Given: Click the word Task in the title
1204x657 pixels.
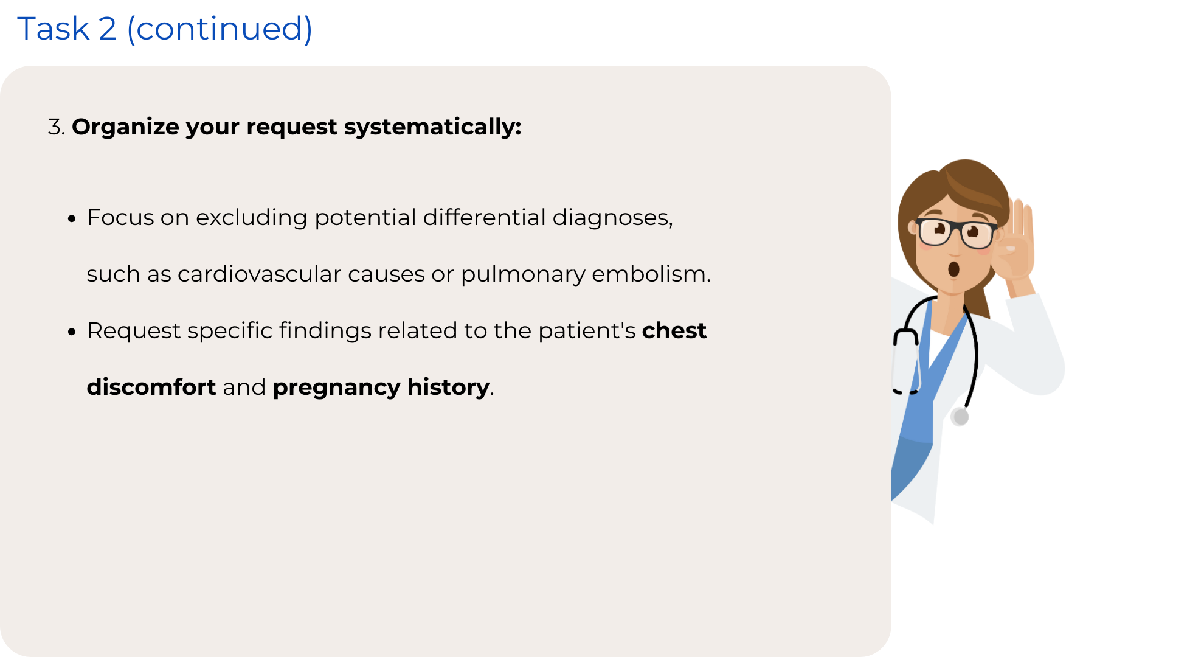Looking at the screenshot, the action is [54, 29].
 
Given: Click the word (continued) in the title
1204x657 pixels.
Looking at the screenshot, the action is [220, 29].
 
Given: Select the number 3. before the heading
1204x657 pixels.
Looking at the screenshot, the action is [57, 127].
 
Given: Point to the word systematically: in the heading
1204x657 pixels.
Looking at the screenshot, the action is [433, 127].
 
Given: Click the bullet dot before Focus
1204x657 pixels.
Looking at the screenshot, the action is [72, 218].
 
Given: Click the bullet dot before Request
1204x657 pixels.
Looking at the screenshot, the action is [72, 332].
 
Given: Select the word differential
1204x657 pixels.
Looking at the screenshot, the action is [485, 217].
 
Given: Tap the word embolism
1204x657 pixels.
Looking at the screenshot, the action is [651, 274].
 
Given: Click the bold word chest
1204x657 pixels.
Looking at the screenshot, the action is [674, 330].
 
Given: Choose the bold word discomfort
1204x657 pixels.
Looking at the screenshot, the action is [151, 387].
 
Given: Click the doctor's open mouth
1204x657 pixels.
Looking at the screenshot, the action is [953, 269].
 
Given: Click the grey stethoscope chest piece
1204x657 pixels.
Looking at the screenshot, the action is [960, 417].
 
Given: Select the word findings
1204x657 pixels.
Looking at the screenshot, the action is [325, 332].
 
